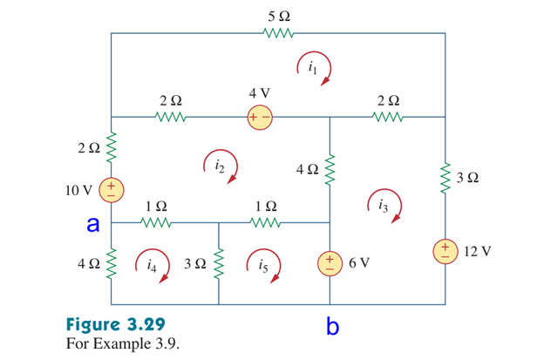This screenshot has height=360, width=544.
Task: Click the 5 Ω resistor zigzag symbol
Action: pyautogui.click(x=280, y=34)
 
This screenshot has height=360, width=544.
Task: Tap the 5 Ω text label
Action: pyautogui.click(x=280, y=15)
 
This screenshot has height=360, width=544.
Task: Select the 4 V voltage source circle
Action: pyautogui.click(x=260, y=116)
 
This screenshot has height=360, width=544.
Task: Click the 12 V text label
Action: pyautogui.click(x=478, y=251)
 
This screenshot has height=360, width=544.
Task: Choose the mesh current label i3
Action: pyautogui.click(x=384, y=207)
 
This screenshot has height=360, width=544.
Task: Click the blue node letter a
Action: pyautogui.click(x=92, y=224)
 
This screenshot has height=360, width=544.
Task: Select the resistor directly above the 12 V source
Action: pyautogui.click(x=445, y=178)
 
